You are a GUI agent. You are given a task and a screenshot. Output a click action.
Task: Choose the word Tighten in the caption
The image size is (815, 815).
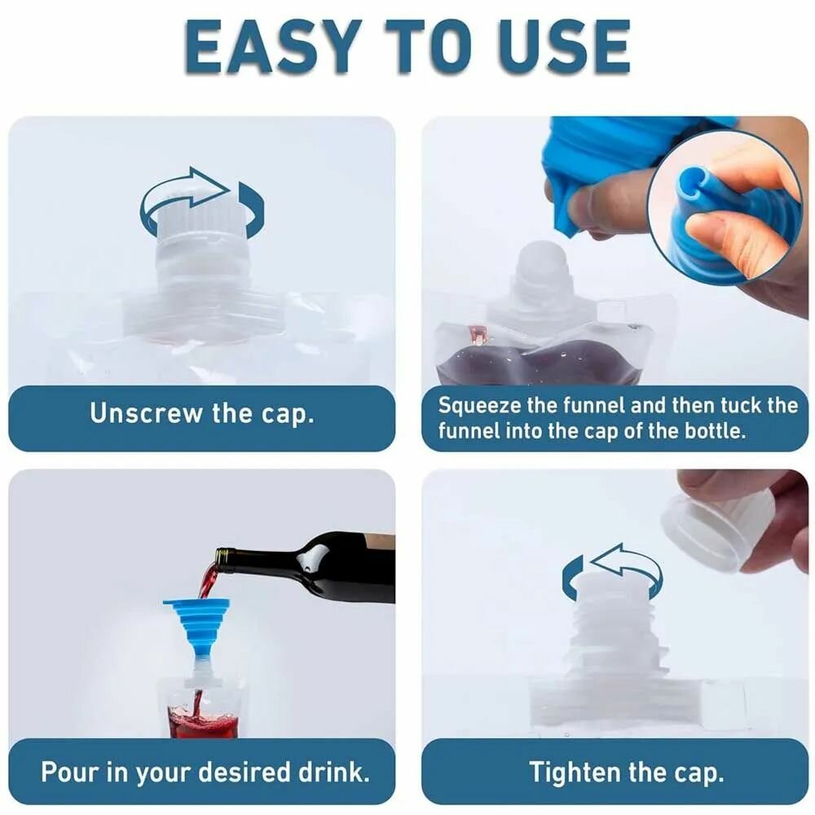[x=573, y=772]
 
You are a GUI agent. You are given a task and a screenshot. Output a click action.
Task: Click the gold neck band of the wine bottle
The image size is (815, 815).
[x=222, y=557]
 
